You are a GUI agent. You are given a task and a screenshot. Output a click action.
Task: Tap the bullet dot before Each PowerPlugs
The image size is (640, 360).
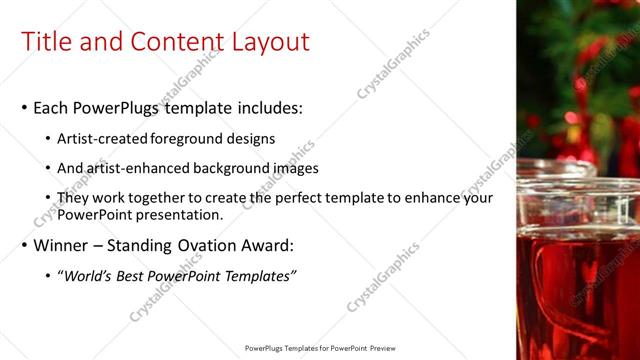[24, 108]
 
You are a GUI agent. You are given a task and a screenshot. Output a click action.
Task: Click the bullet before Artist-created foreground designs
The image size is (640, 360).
[49, 139]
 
